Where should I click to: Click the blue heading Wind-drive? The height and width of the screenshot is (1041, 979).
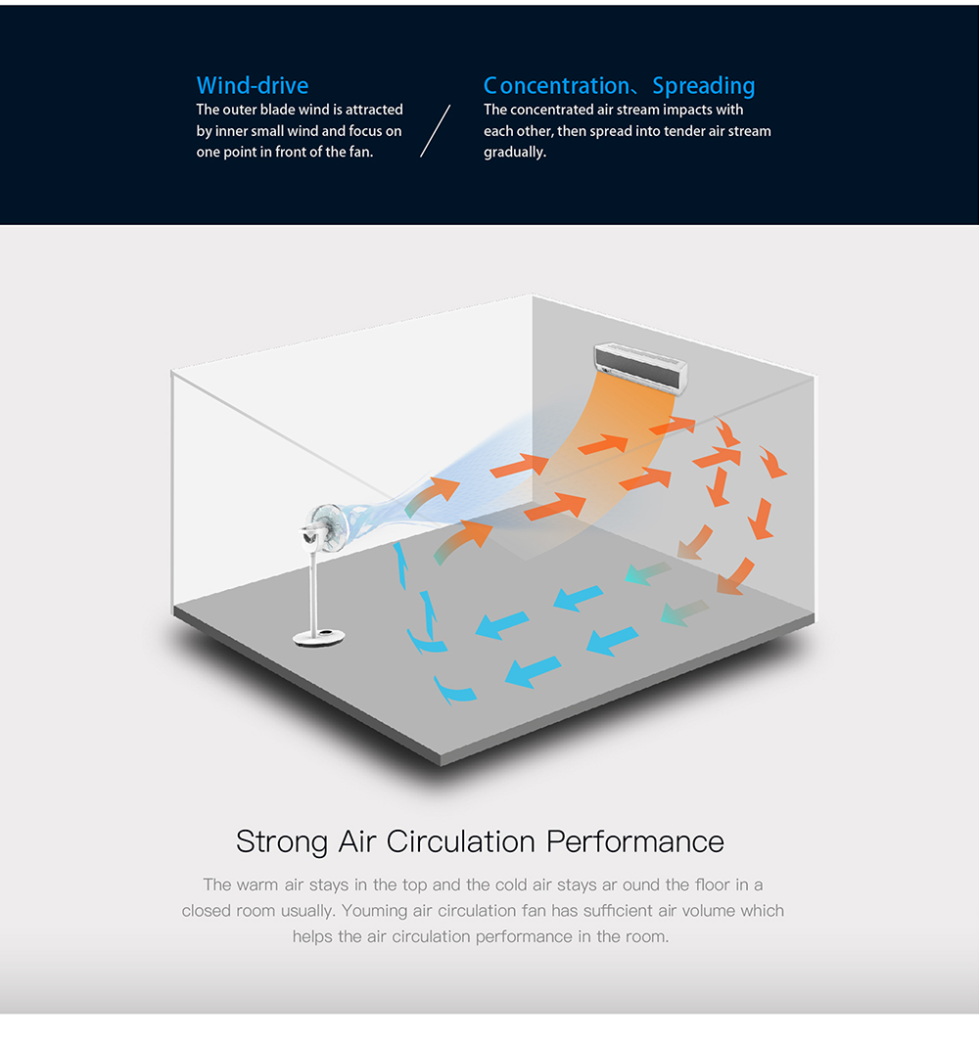coord(253,86)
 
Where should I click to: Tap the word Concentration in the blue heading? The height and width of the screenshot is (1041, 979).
coord(557,86)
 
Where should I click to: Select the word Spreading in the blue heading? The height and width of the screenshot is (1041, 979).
coord(703,86)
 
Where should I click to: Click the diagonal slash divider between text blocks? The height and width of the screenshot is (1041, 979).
coord(435,131)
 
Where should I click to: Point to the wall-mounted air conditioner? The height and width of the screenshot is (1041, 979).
coord(640,367)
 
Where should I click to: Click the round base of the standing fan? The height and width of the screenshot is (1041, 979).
coord(319,638)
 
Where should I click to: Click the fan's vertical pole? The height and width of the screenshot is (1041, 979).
coord(314,591)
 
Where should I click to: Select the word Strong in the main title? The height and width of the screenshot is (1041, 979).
coord(282,842)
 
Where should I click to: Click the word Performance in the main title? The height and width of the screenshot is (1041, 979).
coord(635,841)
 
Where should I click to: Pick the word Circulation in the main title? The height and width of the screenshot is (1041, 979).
coord(461,841)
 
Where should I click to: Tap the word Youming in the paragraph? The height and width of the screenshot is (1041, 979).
coord(373,911)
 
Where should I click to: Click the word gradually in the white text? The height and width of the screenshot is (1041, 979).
coord(515,152)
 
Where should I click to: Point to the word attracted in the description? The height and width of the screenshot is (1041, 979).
coord(374,110)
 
